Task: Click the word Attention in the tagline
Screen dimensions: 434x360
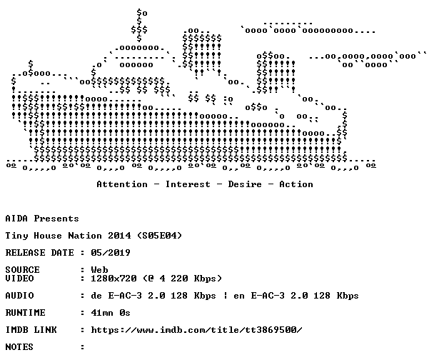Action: point(122,184)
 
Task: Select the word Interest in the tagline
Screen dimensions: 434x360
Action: point(188,184)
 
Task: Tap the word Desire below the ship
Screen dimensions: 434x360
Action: point(245,184)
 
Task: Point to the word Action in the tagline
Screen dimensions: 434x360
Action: point(296,184)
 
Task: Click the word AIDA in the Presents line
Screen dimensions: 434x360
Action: point(16,219)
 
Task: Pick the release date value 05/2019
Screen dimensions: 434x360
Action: point(111,253)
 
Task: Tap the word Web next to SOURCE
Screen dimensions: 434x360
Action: point(99,270)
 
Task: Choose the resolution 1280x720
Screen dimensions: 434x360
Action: point(113,279)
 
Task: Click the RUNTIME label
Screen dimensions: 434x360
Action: point(25,313)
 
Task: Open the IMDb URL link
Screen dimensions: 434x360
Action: point(196,330)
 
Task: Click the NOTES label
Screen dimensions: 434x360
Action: point(19,347)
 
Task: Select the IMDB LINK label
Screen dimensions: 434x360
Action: point(31,330)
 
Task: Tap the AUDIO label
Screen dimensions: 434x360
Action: point(19,296)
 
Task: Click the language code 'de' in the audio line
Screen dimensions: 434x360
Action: point(96,296)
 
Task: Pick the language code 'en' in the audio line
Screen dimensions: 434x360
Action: point(239,296)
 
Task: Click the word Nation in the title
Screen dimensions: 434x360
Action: point(85,236)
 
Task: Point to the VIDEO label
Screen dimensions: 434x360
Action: point(19,279)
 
